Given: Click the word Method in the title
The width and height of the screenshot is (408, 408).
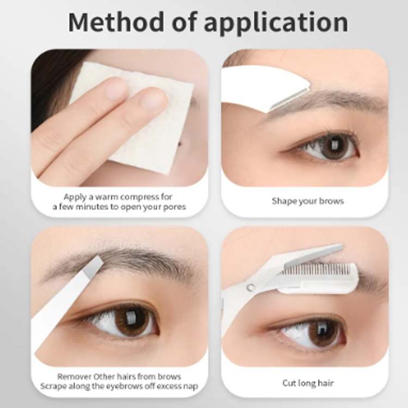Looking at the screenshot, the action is [x=116, y=22].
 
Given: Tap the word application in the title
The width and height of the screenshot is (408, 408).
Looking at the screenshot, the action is [x=276, y=23].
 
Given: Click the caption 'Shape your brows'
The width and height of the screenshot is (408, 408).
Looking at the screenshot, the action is [x=308, y=201].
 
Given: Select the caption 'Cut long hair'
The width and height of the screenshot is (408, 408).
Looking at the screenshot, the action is [x=308, y=383].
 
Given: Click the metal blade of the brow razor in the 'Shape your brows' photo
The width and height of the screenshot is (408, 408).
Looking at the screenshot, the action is [x=289, y=99].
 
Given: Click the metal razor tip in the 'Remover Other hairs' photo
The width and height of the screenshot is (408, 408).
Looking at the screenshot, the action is [x=93, y=266].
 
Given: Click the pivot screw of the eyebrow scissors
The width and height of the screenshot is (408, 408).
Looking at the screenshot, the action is [x=251, y=287].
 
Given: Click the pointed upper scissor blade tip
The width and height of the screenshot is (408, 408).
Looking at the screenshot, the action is [x=341, y=246].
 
